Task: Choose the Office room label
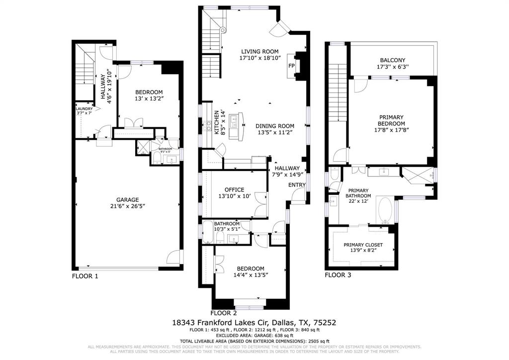(x=234, y=189)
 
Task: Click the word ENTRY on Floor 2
(x=297, y=185)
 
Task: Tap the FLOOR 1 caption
(x=85, y=275)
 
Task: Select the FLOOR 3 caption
(x=338, y=274)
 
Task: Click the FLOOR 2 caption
(x=224, y=313)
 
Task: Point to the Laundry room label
(x=84, y=109)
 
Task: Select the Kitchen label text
(x=217, y=123)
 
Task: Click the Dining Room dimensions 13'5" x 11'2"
(x=275, y=133)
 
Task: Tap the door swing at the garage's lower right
(x=173, y=258)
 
